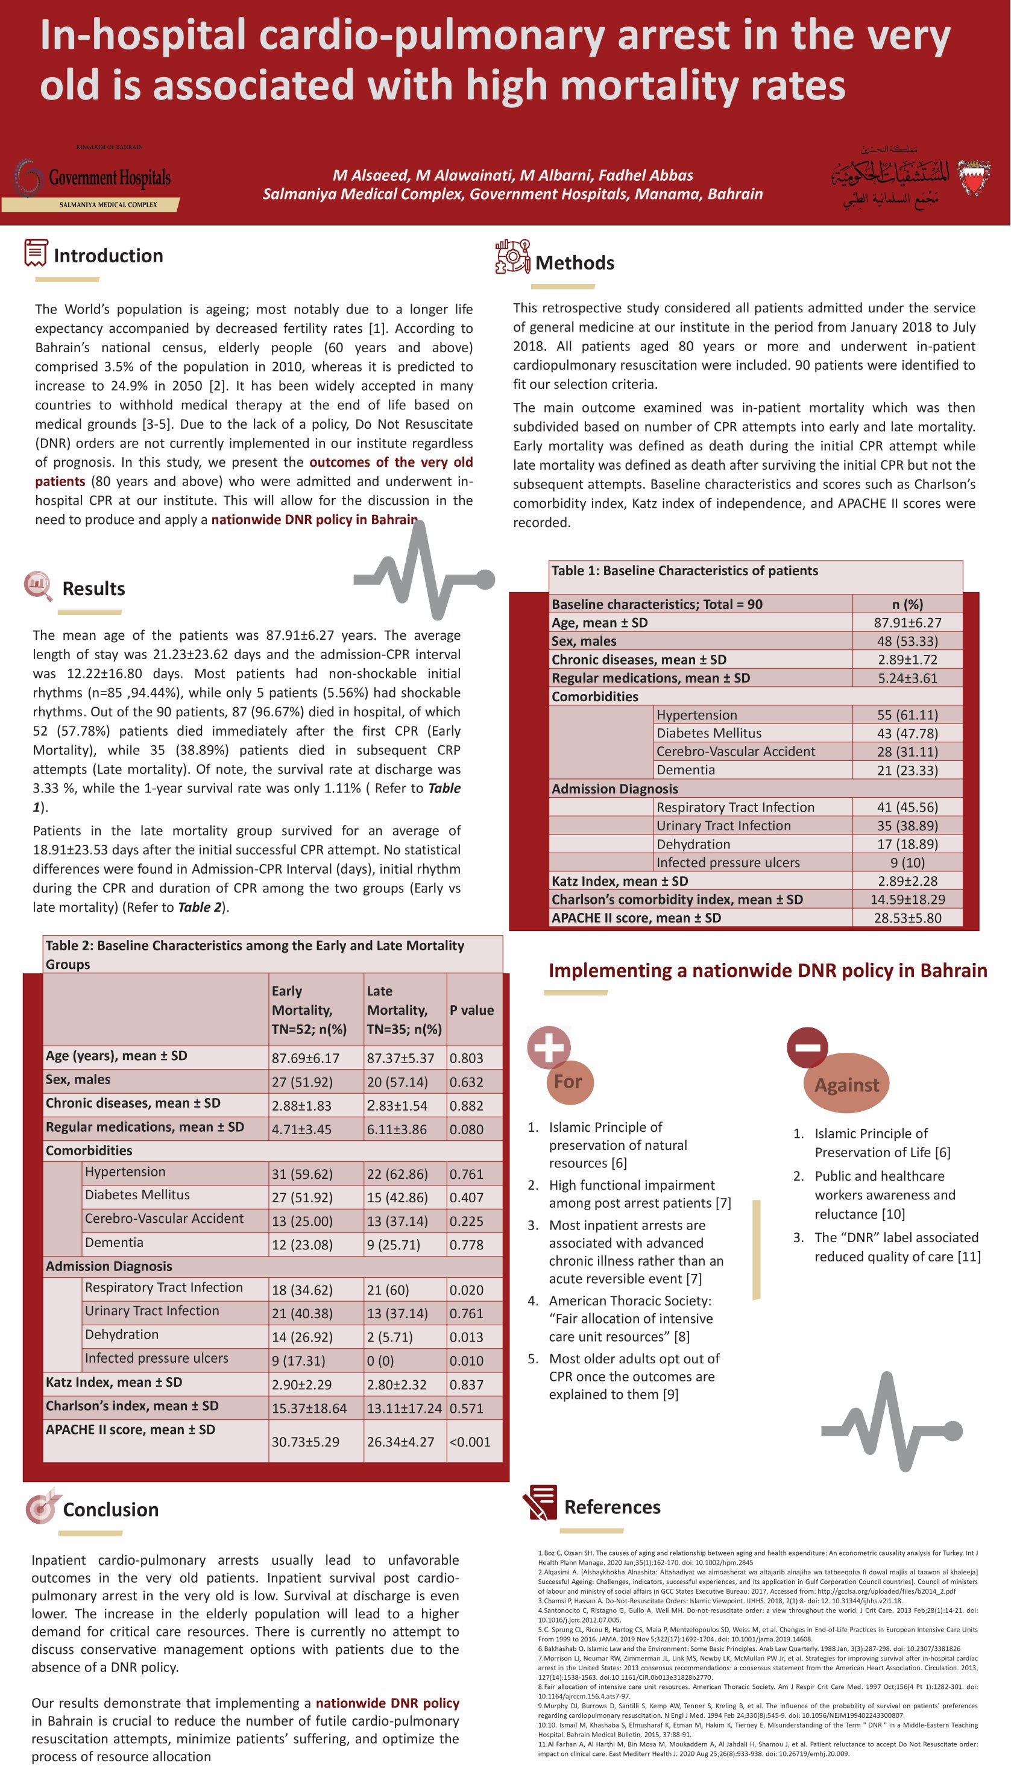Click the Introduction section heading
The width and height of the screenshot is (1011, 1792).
point(108,256)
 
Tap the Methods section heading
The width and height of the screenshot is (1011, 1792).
point(575,263)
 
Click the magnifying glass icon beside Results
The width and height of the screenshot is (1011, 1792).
point(38,585)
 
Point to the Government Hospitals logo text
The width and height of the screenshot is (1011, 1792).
point(109,178)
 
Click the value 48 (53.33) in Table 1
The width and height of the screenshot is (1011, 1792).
point(907,642)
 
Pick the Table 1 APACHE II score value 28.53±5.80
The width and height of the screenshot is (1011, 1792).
point(907,918)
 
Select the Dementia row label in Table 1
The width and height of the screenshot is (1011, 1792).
point(685,770)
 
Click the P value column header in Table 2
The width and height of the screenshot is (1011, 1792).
point(471,1010)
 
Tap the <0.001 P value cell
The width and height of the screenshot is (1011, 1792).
point(470,1442)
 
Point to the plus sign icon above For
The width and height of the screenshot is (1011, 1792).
point(549,1047)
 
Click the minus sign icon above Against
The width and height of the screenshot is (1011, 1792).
point(807,1047)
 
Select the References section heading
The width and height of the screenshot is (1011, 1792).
point(612,1507)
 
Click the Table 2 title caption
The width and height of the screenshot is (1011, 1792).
point(254,954)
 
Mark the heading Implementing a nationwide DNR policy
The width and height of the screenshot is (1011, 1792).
point(767,970)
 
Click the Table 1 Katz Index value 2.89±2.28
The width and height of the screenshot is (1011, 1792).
point(907,882)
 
